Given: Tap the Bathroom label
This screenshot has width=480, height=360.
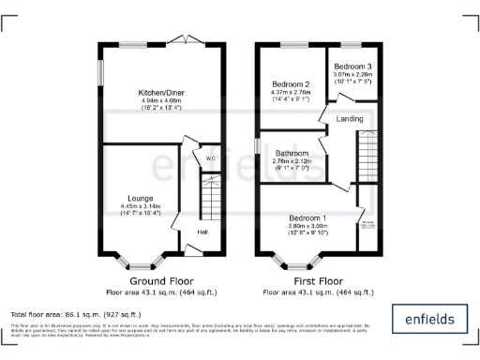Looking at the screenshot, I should pos(292,156).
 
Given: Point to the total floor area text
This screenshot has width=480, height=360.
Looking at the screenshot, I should pos(75,314).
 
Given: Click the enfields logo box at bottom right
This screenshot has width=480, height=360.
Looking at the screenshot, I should pos(427,320).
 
